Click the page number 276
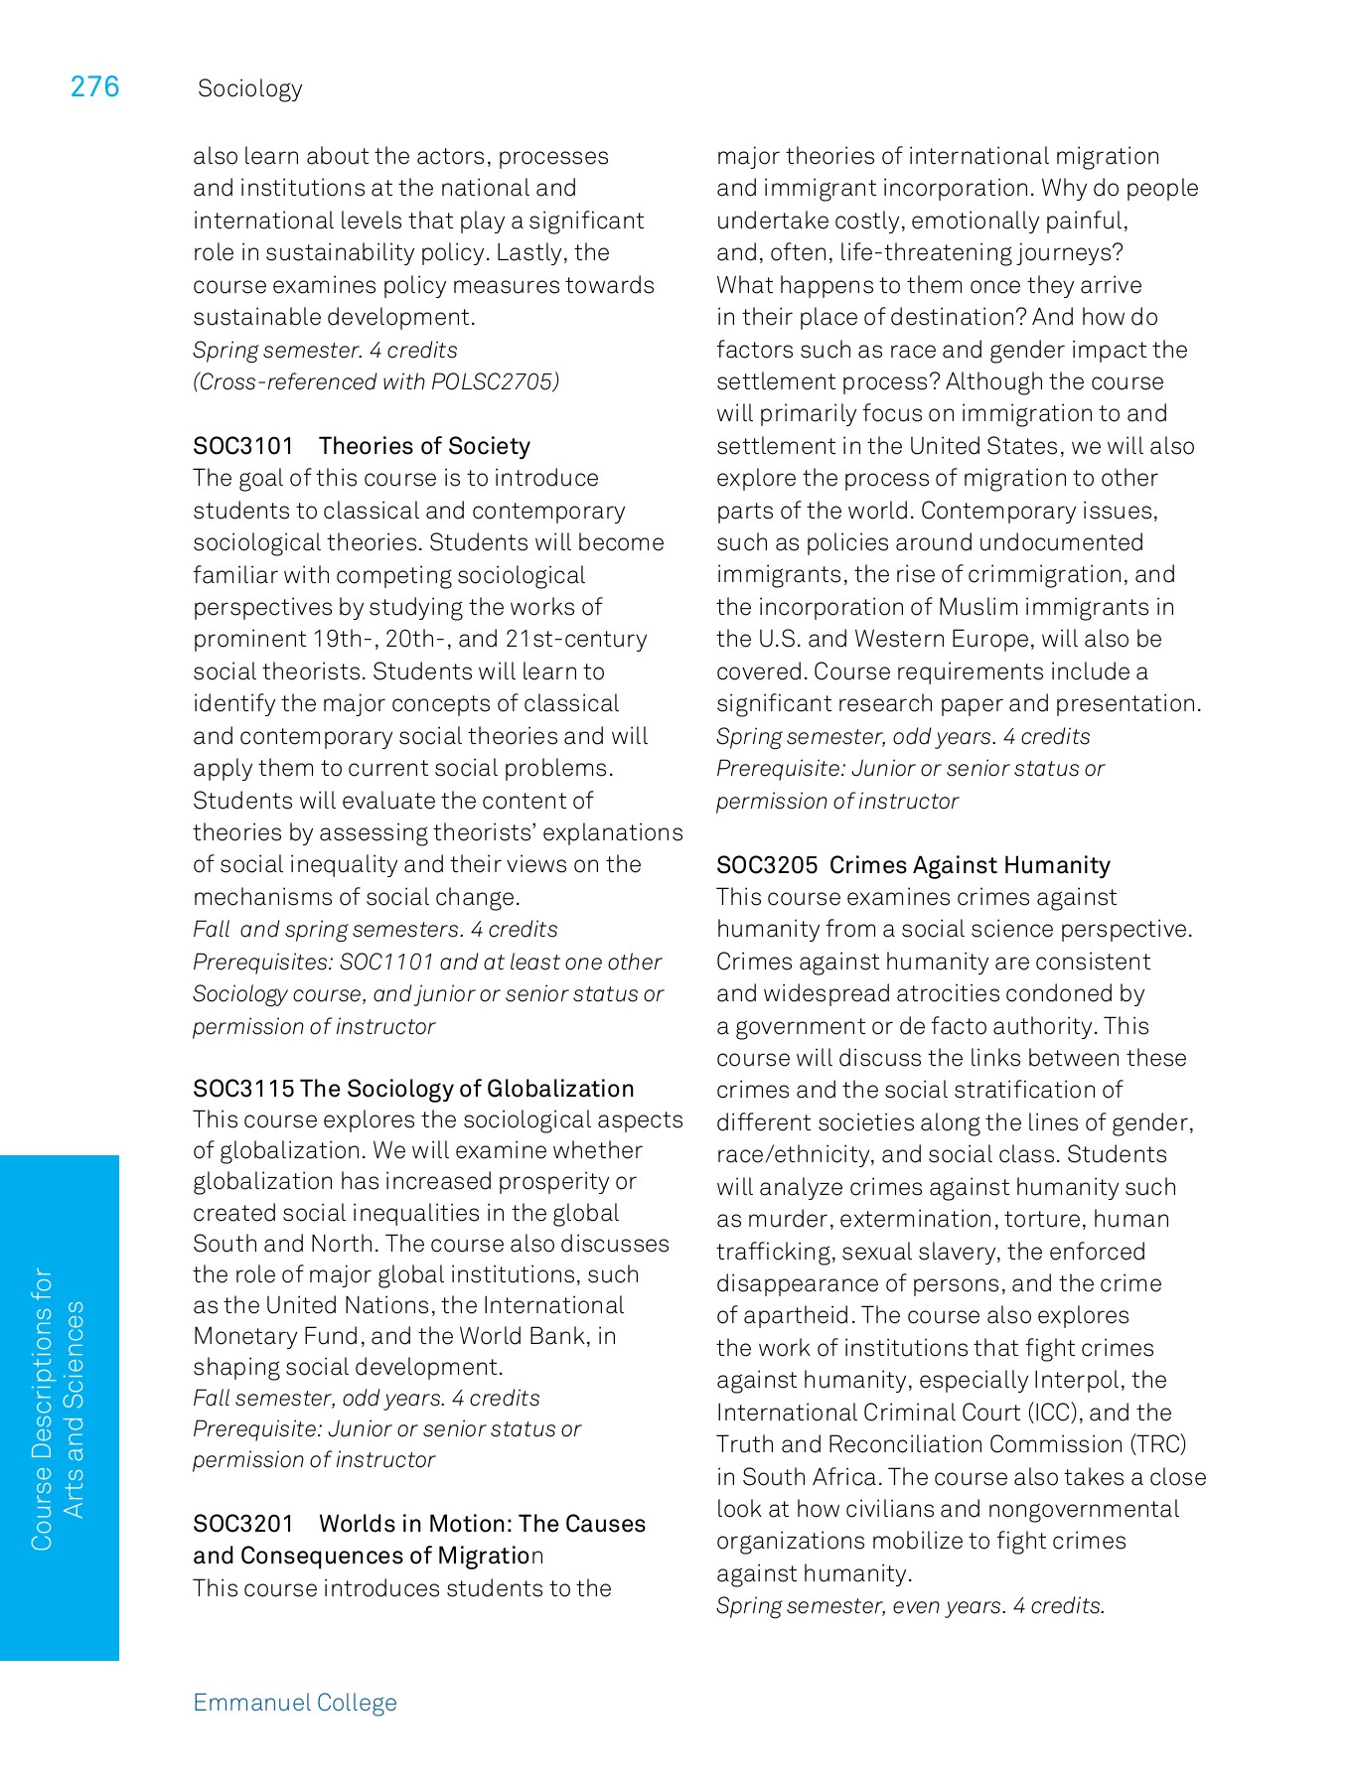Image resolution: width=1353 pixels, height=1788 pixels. point(94,87)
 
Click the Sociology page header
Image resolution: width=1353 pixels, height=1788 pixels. point(249,89)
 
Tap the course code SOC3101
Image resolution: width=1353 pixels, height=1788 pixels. point(243,446)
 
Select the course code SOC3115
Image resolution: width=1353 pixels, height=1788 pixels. point(243,1089)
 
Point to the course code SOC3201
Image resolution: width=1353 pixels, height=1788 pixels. point(243,1524)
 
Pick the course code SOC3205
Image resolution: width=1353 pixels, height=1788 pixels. point(767,865)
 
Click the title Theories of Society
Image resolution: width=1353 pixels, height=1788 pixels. point(424,446)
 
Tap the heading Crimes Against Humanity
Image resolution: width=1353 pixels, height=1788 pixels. point(970,865)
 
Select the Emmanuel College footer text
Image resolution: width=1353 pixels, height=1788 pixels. point(295,1703)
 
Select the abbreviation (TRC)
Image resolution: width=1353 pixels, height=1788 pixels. point(1156,1444)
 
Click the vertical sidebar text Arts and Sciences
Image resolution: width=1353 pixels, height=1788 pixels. point(75,1410)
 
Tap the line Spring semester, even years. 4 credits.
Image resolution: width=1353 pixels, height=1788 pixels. point(910,1606)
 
